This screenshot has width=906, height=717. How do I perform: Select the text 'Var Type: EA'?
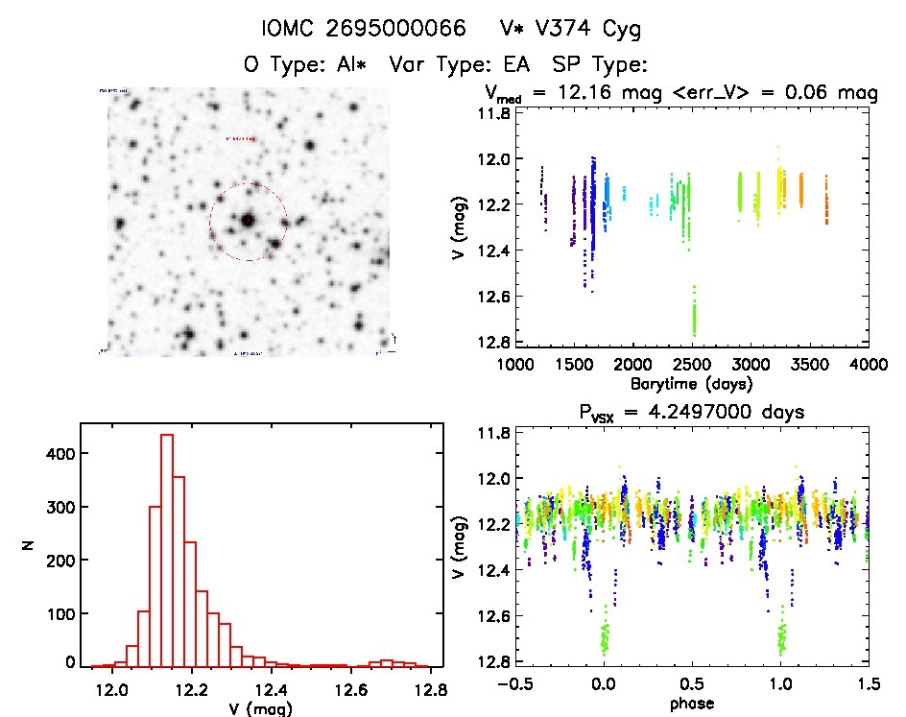[x=464, y=65]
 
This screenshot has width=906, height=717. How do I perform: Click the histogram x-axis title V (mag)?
[x=258, y=709]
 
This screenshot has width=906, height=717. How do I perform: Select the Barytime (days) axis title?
[x=691, y=383]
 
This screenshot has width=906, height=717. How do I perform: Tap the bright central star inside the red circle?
[x=248, y=220]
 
